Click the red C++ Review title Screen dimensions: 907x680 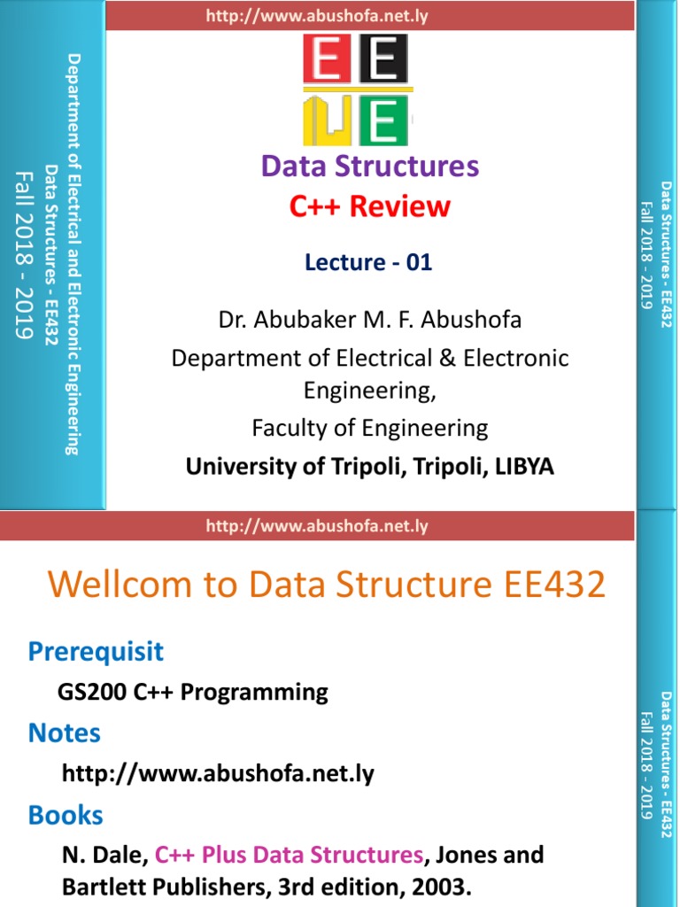369,206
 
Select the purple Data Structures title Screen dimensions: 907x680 369,166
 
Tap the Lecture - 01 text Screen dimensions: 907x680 368,262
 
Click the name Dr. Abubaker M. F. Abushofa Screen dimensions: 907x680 370,320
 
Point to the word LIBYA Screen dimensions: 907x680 525,467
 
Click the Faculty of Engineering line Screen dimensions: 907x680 369,429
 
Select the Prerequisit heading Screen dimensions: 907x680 96,652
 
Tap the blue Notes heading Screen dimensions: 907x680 65,733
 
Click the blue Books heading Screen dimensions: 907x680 66,815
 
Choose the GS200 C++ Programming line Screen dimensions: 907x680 193,692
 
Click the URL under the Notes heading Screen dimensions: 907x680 218,773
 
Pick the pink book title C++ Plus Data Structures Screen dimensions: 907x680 289,855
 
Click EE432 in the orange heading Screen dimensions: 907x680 552,585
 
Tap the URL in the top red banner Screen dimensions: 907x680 316,15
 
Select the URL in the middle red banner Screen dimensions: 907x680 316,526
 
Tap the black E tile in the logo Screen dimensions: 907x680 383,63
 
